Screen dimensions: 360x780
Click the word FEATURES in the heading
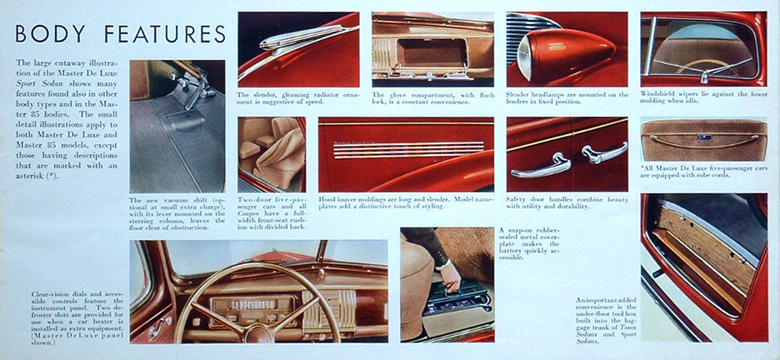click(163, 35)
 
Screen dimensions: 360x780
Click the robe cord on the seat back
click(704, 137)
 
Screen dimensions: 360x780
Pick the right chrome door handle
click(603, 152)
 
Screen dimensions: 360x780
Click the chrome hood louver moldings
click(408, 148)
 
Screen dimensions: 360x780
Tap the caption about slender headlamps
click(567, 97)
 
